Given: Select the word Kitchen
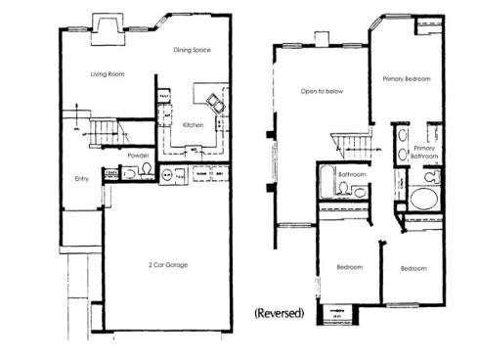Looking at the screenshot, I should pos(193,125).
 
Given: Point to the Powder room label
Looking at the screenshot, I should pos(139,156).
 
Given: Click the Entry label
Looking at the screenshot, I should pos(83,179).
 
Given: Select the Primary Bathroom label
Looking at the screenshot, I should pos(423,153).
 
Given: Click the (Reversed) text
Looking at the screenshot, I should pos(281,314).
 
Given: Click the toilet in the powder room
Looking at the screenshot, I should pos(147,170).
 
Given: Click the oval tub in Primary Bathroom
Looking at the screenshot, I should pos(424,198).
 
